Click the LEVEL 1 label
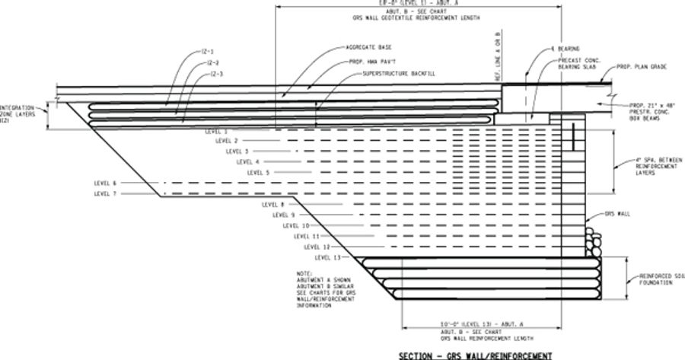217,132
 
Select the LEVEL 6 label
105,183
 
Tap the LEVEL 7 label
105,194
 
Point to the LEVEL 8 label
272,205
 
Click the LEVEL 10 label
295,226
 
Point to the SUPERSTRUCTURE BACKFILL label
394,73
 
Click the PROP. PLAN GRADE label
642,67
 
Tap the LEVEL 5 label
259,173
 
